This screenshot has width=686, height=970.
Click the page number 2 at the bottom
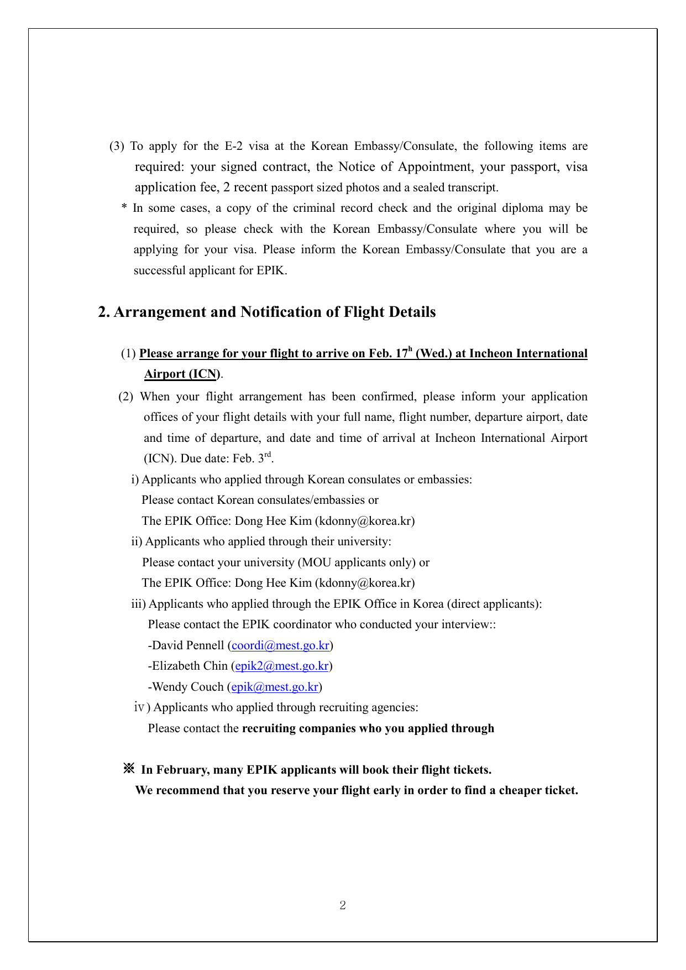pos(343,905)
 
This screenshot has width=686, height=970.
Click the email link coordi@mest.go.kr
pos(280,645)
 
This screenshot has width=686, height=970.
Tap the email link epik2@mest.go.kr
pos(282,666)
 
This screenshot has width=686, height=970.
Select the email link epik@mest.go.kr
pos(275,687)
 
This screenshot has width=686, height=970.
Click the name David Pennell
pos(188,645)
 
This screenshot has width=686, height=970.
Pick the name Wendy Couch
pos(187,687)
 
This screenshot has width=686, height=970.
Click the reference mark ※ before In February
pos(129,769)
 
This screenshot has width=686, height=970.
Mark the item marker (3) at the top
pos(117,147)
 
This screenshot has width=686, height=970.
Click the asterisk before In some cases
pos(124,208)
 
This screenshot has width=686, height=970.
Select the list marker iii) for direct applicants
pos(138,604)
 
